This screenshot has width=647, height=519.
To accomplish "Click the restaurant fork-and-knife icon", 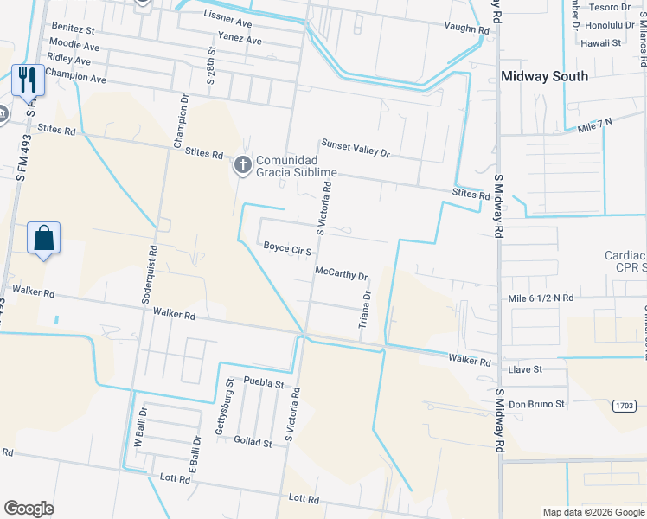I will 28,81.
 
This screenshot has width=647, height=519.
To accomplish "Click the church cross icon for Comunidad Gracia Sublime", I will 243,163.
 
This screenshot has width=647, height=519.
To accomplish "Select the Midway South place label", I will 545,76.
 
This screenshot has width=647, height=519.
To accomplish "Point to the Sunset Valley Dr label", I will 356,148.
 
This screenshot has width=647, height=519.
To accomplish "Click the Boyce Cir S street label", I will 287,249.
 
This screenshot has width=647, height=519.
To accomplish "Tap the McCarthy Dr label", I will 342,274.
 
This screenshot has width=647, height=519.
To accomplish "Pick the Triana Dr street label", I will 366,309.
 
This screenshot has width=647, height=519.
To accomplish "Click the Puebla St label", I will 264,381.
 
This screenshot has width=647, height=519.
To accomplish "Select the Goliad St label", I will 253,442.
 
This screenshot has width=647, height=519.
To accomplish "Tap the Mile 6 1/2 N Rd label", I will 541,298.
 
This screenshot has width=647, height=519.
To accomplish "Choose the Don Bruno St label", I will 536,404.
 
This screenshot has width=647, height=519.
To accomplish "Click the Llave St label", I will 525,369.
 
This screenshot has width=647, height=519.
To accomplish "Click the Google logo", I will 29,509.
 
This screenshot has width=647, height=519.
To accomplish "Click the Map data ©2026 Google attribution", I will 593,512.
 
